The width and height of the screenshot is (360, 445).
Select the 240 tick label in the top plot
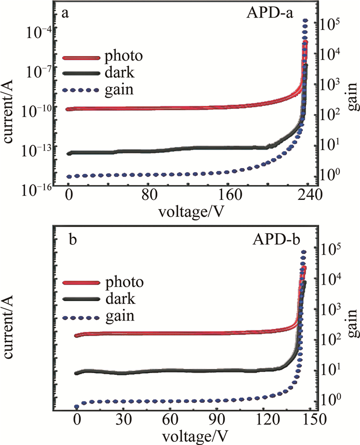tap(310, 196)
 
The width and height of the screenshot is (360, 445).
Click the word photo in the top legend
tap(123, 55)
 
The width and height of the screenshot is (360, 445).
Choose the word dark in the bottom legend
tap(120, 299)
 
